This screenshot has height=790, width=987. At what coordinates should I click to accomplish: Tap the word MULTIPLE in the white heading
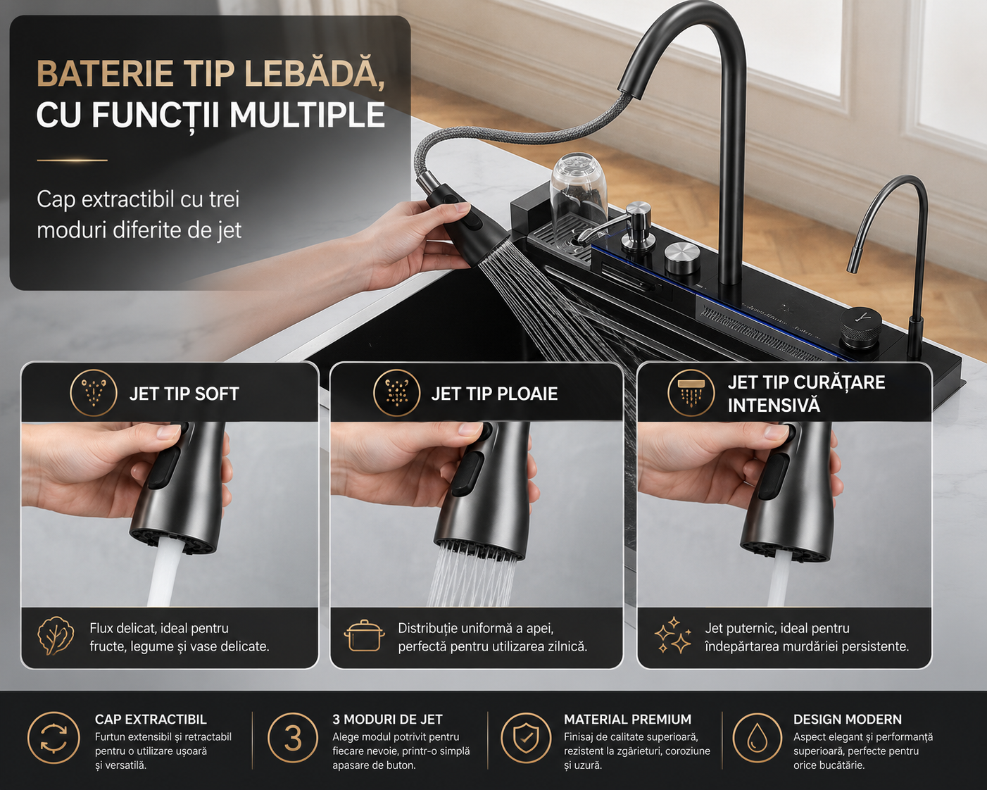point(307,115)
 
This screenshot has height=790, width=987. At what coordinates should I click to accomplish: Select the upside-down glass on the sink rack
point(579,187)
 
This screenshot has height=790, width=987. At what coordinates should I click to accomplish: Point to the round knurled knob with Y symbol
point(861,328)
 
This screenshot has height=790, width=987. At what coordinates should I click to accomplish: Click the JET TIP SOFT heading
point(184,394)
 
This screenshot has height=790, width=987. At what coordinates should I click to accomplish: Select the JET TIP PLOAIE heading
point(494,394)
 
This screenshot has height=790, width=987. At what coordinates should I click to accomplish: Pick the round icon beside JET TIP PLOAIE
point(397,393)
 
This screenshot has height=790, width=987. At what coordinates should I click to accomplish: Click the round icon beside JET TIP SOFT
point(94,393)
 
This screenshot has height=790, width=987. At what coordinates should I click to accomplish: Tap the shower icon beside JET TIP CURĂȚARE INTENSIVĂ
point(691,393)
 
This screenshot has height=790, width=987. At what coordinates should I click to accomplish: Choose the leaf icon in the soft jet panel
point(56,636)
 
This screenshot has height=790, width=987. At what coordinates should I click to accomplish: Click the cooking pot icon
point(364,636)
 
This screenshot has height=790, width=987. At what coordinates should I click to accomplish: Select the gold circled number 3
point(293,738)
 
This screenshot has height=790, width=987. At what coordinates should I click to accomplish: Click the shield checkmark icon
point(526,738)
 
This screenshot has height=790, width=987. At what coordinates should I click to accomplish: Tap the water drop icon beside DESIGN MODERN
point(757,738)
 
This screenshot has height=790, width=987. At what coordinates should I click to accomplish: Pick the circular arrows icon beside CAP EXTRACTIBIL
point(54,738)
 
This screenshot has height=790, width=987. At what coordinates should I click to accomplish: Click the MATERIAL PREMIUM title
point(627,719)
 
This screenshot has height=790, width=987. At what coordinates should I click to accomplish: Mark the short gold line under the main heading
point(72,160)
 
